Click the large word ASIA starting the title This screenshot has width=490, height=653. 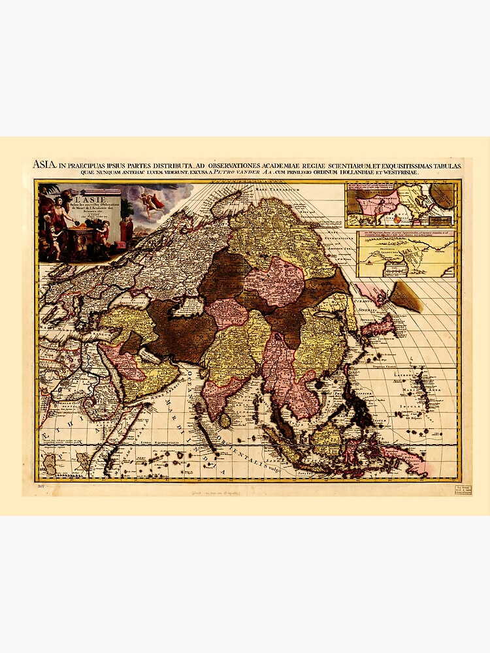click(44, 165)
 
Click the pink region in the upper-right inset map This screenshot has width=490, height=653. click(378, 202)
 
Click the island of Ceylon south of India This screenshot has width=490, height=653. click(225, 419)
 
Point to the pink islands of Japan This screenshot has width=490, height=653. click(382, 325)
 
